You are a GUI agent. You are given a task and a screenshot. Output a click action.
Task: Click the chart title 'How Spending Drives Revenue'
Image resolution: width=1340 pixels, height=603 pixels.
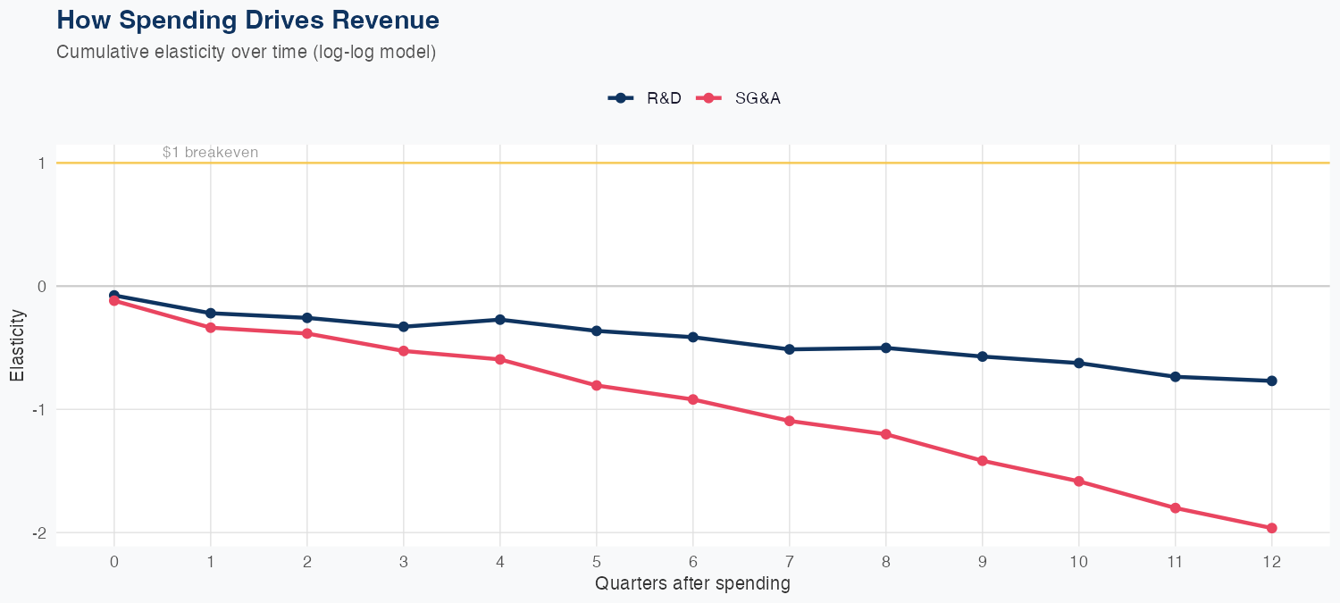tap(247, 20)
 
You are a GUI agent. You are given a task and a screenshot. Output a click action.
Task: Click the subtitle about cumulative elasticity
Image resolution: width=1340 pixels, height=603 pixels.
tap(246, 52)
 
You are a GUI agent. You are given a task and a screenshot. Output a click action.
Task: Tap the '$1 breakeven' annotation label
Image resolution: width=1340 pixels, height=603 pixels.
tap(210, 152)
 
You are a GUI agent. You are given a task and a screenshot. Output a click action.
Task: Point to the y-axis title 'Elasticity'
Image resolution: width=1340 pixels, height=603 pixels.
tap(17, 346)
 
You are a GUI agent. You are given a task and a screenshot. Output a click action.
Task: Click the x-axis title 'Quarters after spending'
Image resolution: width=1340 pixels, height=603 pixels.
tap(692, 584)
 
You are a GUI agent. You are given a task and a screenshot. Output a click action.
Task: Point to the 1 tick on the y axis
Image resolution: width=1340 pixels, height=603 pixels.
tap(41, 163)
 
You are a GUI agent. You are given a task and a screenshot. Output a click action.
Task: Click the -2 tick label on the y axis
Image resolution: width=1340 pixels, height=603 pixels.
tap(38, 532)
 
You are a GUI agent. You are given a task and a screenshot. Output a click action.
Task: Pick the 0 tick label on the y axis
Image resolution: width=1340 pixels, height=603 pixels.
tap(41, 287)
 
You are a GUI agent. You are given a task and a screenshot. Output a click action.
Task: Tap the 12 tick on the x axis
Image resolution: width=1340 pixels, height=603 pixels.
tap(1271, 562)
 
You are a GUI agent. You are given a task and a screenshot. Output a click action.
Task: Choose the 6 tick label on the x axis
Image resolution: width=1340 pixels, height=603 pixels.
tap(692, 562)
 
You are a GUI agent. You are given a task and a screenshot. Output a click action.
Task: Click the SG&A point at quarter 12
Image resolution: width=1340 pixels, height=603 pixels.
tap(1271, 528)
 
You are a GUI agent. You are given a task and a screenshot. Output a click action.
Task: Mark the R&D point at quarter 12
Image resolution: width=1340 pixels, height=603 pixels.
tap(1271, 381)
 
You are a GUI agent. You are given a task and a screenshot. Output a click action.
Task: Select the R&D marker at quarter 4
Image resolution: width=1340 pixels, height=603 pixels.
tap(499, 319)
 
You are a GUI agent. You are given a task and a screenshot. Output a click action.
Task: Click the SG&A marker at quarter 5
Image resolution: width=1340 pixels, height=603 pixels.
tap(596, 385)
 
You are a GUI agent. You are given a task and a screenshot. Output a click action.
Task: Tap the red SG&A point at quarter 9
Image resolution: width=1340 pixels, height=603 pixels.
tap(982, 461)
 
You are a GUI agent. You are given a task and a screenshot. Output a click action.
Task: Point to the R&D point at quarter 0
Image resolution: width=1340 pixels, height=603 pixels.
tap(113, 295)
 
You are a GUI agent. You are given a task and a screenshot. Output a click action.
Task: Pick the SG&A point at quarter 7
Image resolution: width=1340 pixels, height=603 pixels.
tap(789, 421)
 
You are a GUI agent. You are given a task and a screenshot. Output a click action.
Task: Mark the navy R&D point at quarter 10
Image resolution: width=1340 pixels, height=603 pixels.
tap(1078, 363)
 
